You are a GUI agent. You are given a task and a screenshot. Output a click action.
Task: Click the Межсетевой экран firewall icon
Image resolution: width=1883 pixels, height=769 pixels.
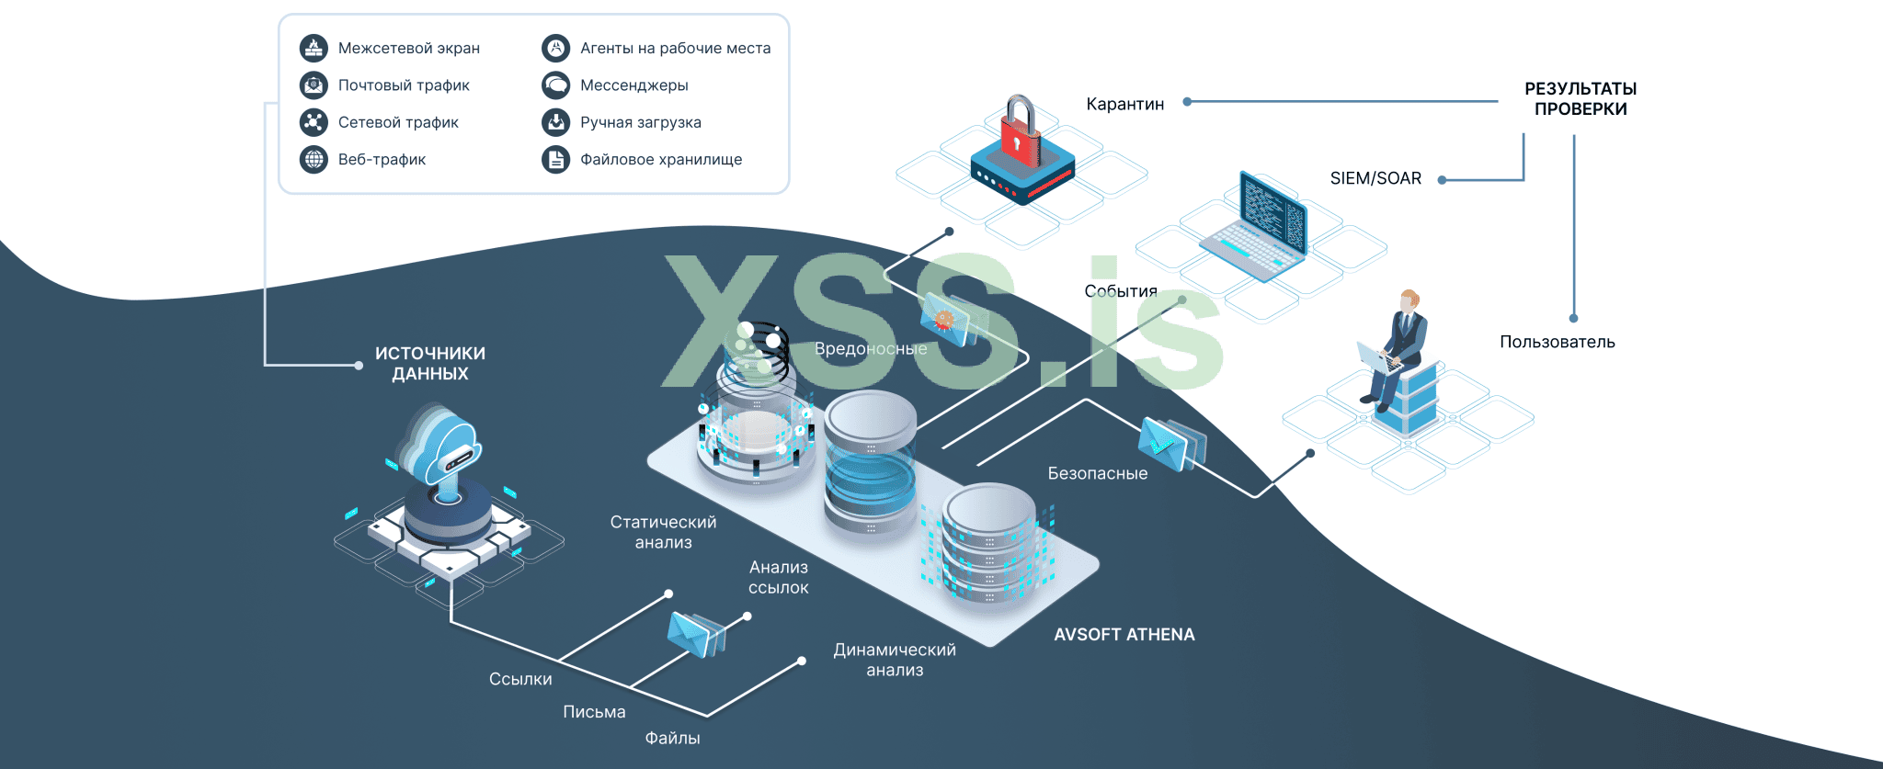click(314, 48)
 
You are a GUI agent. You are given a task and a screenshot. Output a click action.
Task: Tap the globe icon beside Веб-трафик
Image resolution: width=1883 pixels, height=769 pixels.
click(314, 159)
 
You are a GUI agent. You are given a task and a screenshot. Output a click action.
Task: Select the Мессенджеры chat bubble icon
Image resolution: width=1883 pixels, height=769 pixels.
click(555, 85)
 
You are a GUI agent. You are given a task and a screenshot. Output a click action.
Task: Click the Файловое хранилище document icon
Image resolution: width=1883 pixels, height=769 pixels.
click(555, 159)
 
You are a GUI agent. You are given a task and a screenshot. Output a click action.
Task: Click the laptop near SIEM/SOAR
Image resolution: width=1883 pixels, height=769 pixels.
click(1256, 229)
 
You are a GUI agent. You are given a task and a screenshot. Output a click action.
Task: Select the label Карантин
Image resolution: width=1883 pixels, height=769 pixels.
click(1124, 104)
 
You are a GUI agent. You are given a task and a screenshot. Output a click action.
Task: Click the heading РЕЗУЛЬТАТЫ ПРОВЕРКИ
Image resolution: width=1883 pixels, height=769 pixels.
click(1580, 98)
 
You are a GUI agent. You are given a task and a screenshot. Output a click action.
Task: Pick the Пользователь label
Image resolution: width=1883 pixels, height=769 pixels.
click(1557, 342)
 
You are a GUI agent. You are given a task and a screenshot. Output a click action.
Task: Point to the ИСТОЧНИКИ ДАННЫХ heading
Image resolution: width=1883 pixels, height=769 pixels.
click(429, 363)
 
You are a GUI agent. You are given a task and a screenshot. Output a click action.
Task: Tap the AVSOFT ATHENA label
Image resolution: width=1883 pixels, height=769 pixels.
click(1124, 634)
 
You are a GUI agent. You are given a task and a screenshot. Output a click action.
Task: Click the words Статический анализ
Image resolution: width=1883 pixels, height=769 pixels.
click(663, 532)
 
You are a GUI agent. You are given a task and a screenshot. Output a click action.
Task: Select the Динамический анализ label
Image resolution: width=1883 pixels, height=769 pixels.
click(894, 660)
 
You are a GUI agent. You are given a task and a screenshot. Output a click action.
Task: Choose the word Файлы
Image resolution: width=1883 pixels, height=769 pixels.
click(672, 738)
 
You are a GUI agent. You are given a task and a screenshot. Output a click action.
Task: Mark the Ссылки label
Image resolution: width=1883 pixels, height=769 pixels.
click(520, 679)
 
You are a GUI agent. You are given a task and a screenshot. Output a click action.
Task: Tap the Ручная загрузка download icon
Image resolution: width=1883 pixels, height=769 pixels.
click(555, 122)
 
